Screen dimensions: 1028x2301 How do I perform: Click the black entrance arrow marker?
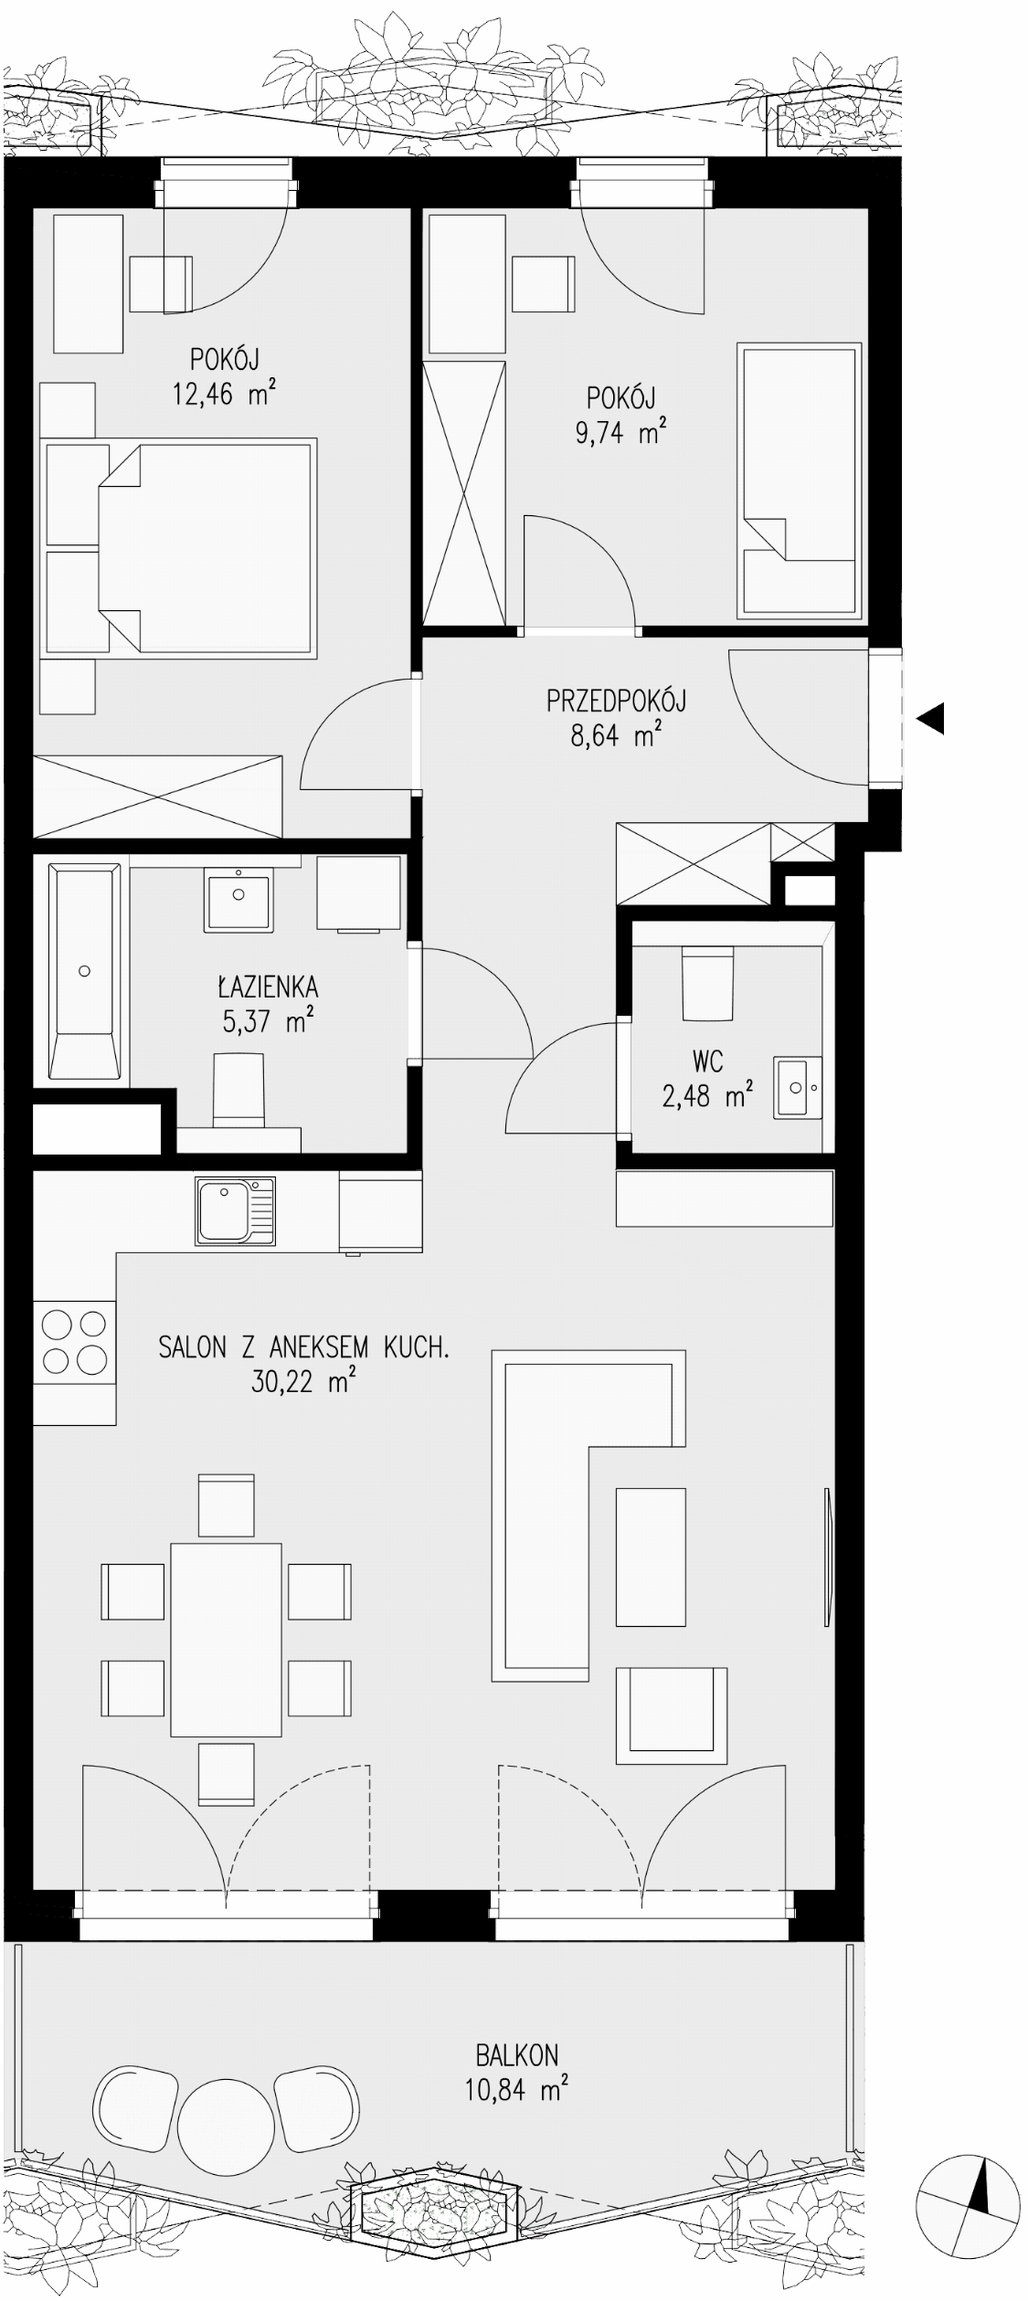[x=930, y=719]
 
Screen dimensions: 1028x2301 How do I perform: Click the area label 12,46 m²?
[x=224, y=394]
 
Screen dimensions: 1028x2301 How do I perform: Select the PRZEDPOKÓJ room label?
[x=616, y=701]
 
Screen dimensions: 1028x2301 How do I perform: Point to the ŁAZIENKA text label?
[x=268, y=987]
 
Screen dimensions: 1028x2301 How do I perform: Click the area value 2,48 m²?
[x=708, y=1094]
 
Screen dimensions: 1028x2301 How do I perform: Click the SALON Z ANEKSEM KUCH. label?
[x=304, y=1347]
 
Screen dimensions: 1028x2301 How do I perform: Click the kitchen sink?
[x=235, y=1211]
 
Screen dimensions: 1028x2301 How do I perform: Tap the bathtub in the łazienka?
[x=85, y=969]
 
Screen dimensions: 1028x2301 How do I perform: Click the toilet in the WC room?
[x=707, y=983]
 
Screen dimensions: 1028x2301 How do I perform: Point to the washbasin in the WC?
[x=798, y=1087]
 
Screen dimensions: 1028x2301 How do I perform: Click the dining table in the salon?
[x=226, y=1639]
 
